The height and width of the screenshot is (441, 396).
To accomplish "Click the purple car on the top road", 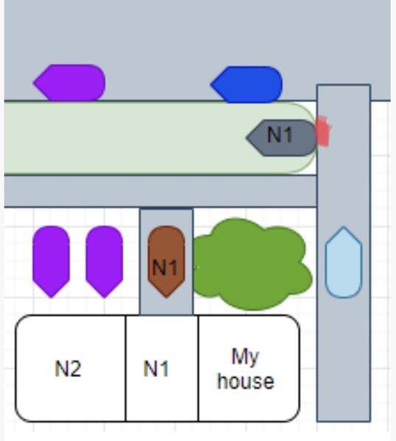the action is tap(69, 82).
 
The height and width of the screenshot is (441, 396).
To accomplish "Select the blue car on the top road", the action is tap(247, 85).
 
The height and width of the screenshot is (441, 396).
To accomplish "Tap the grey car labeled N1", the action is tap(282, 138).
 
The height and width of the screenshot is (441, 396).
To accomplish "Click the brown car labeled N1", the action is tap(166, 262).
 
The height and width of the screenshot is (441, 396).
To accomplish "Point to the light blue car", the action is tap(343, 262).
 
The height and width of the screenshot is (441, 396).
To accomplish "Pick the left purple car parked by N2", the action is tap(51, 262).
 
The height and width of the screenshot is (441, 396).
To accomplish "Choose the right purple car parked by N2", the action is tap(105, 262).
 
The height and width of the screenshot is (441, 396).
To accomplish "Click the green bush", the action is tap(252, 265).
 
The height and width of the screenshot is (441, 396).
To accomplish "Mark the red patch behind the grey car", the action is tap(323, 131).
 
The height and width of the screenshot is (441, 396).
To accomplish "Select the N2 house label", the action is tap(68, 368).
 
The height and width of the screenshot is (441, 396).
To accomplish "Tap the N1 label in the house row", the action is tap(156, 368).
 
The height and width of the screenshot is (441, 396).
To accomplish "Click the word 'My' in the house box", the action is tap(245, 357).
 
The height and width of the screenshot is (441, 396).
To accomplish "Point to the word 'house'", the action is tap(246, 381).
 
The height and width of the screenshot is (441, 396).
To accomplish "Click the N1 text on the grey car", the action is tap(280, 135).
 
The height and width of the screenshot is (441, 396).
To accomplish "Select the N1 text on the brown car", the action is tap(165, 268).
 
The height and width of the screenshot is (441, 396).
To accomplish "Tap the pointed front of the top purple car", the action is tap(33, 82).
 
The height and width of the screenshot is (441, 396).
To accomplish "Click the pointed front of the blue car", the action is tap(211, 85).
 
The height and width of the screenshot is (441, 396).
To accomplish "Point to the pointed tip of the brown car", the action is tap(166, 297).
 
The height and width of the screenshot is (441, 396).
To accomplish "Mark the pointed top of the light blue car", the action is tap(343, 226).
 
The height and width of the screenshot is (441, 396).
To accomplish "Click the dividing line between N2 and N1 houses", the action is tap(126, 368).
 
